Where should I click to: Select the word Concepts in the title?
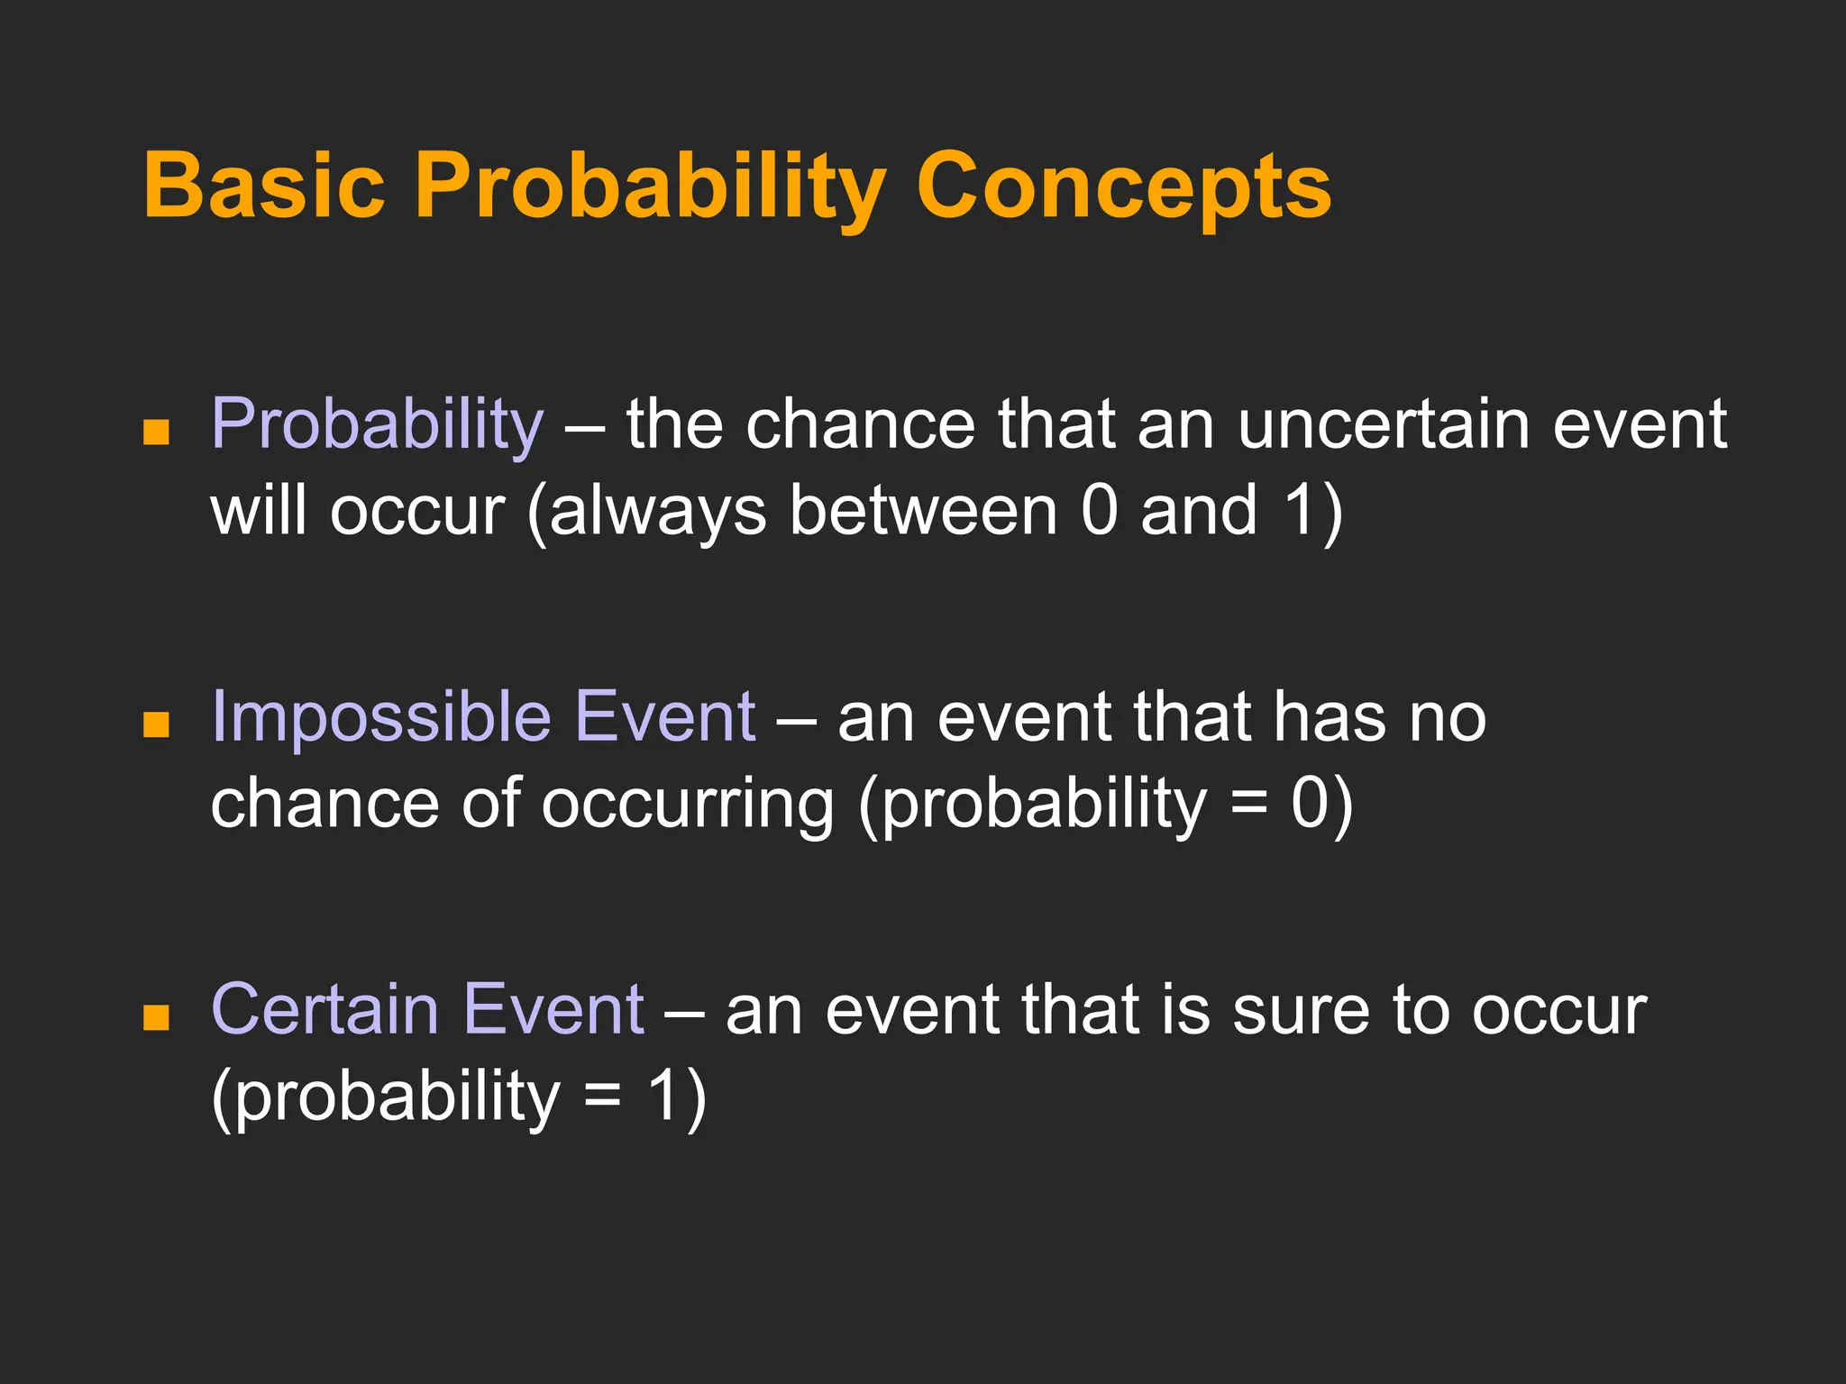point(1123,185)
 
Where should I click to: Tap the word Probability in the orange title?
point(650,185)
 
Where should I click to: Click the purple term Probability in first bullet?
point(377,423)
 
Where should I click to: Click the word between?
point(924,511)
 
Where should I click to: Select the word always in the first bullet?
point(658,511)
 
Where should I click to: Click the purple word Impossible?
point(380,716)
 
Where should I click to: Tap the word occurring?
point(687,804)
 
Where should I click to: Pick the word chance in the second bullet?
point(324,804)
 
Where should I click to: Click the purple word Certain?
point(324,1009)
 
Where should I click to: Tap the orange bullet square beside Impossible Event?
point(156,724)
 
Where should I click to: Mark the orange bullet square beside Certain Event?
point(156,1017)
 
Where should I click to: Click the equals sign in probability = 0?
point(1248,804)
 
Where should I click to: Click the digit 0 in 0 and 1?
point(1099,511)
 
